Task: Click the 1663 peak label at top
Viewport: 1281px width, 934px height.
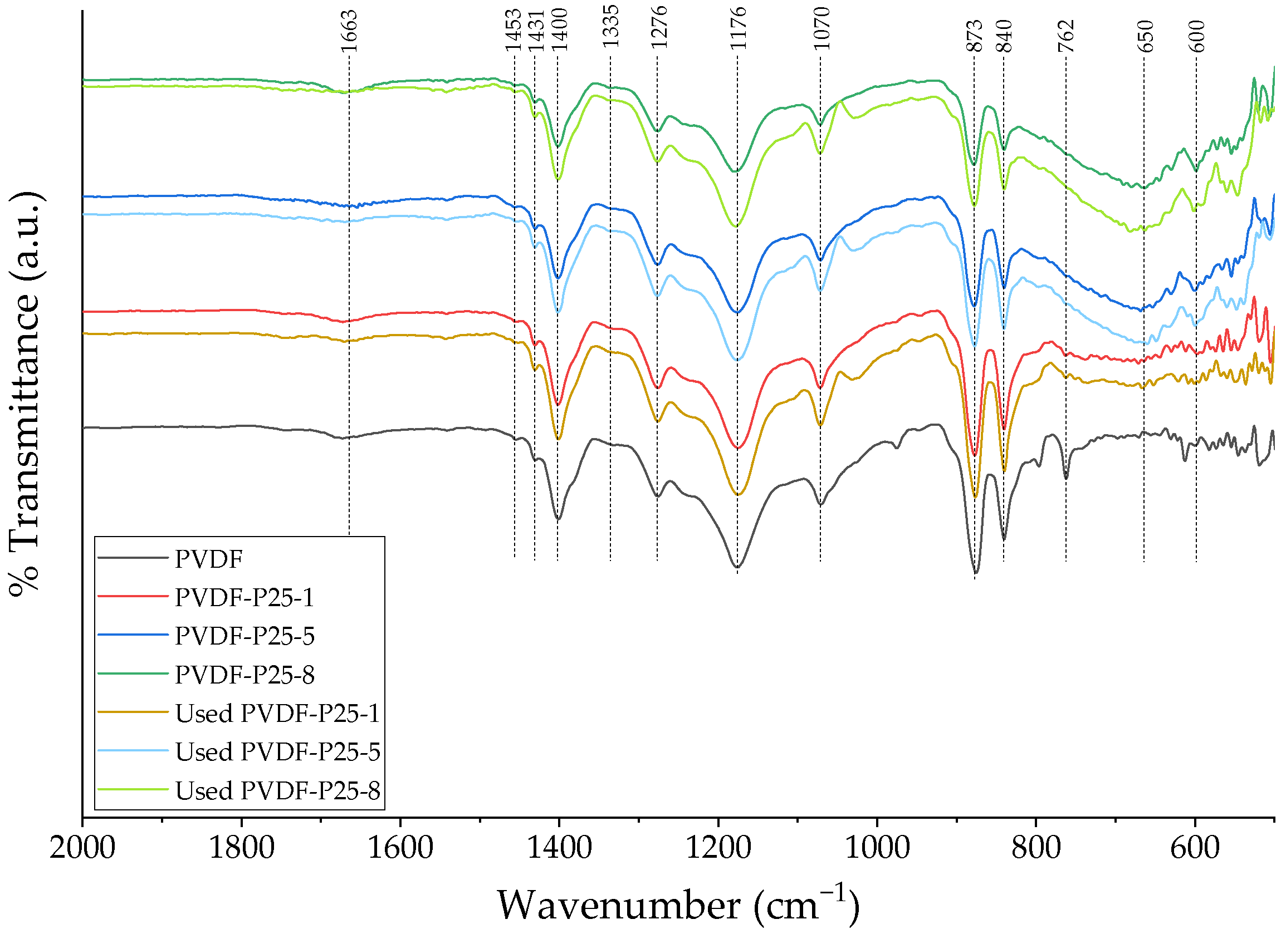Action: pos(349,32)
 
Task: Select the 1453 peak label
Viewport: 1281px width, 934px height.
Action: pos(514,31)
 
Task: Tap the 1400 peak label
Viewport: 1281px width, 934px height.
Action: pos(559,31)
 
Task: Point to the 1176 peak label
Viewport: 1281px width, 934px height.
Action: pos(738,28)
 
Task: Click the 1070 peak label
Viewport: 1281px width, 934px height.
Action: pos(821,28)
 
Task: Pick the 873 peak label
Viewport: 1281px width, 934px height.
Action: pos(975,35)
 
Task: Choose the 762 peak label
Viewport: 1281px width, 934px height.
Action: pos(1066,35)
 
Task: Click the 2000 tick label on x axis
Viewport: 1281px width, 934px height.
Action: pos(82,849)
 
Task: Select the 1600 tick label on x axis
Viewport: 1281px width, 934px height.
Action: pos(400,849)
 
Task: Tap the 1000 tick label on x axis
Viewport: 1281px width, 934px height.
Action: pos(877,849)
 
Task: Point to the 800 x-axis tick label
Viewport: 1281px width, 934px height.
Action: pos(1036,849)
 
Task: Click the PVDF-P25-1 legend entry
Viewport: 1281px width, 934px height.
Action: pos(244,598)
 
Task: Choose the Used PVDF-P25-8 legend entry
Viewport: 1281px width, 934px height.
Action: pos(277,790)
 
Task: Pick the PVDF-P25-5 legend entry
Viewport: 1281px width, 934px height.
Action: pos(244,636)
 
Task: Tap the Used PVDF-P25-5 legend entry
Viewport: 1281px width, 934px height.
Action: pos(277,752)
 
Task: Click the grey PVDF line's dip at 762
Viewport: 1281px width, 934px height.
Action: pos(1066,478)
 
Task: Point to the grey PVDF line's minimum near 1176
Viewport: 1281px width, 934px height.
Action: pos(737,567)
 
